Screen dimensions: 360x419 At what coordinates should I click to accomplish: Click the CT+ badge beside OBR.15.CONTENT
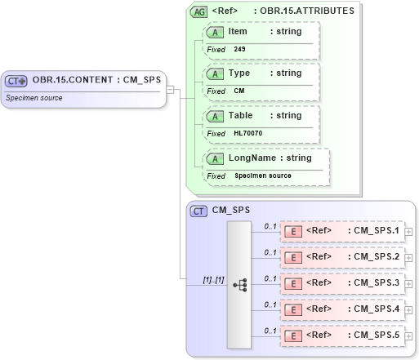[17, 80]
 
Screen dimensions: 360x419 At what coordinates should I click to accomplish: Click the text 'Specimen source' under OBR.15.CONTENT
[34, 97]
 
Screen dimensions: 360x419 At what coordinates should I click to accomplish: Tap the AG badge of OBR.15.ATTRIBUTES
[198, 12]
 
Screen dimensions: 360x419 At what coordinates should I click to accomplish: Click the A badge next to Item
[216, 32]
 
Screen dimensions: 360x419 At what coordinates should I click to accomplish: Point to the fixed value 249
[239, 49]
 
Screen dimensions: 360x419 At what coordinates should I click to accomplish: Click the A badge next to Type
[216, 73]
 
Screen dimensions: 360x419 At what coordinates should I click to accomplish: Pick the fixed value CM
[239, 91]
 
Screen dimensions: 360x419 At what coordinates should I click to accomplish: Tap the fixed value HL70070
[248, 133]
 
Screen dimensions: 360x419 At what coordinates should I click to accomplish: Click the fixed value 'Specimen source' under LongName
[262, 176]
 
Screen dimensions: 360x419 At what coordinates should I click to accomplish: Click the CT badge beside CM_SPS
[198, 211]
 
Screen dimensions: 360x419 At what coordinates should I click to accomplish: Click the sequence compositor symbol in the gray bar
[239, 285]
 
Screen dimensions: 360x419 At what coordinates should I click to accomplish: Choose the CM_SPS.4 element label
[374, 310]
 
